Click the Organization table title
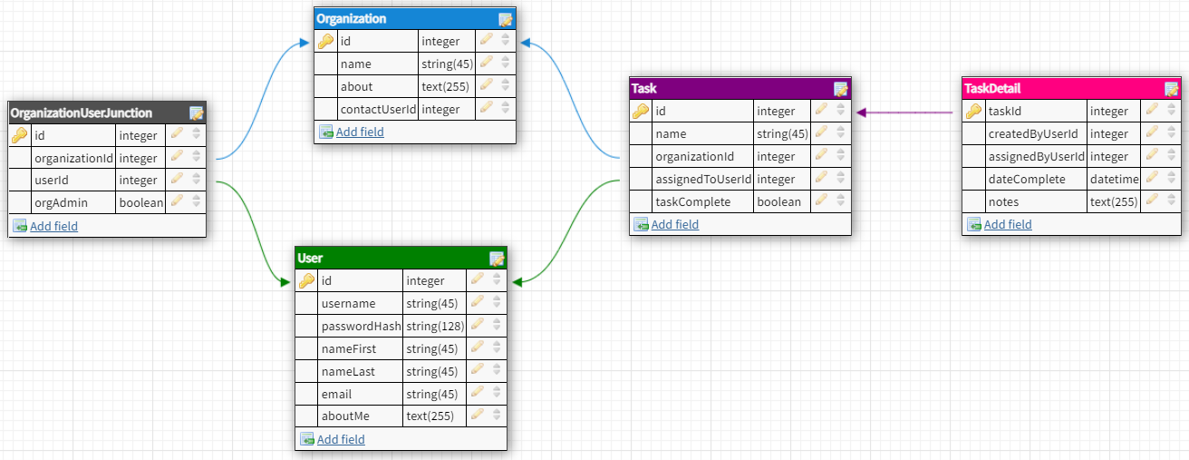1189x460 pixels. [x=351, y=18]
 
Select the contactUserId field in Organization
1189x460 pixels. [x=378, y=110]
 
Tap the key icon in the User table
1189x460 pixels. [x=306, y=281]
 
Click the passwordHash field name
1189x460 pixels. [x=361, y=327]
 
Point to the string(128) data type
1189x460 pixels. [x=434, y=327]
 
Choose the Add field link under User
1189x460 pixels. [x=341, y=440]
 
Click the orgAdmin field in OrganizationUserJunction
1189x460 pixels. [x=61, y=203]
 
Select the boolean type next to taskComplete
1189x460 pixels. [x=778, y=202]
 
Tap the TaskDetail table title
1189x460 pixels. [x=993, y=88]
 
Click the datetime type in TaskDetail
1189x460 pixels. [x=1114, y=180]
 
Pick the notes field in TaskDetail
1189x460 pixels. [x=1003, y=202]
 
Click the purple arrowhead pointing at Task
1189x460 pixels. [x=862, y=113]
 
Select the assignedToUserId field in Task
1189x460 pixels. [x=703, y=180]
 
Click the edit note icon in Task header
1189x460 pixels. [x=840, y=89]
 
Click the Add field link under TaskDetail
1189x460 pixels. [x=1008, y=225]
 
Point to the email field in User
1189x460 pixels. [x=336, y=395]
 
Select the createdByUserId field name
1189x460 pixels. [x=1032, y=134]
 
